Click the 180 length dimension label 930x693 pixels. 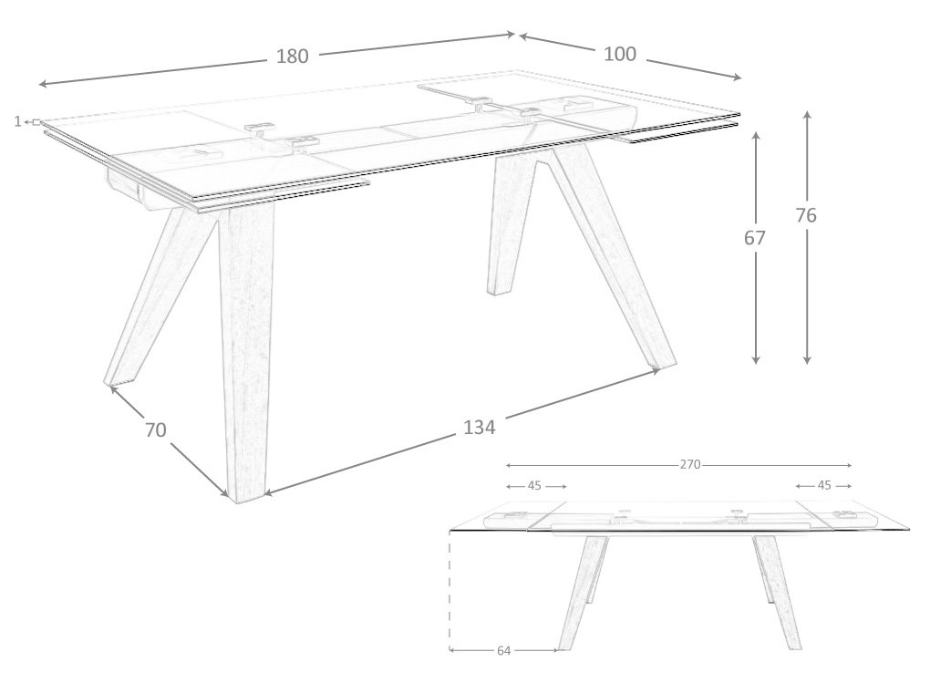(x=293, y=56)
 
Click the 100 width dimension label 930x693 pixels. (x=620, y=54)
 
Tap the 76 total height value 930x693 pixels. (x=806, y=215)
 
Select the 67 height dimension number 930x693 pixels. (x=754, y=237)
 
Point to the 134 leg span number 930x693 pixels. (x=480, y=427)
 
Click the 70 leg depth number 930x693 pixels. (x=155, y=429)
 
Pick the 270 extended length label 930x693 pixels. (x=690, y=464)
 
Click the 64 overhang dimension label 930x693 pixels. (x=503, y=651)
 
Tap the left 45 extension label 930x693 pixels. (x=534, y=486)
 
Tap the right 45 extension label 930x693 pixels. (x=824, y=485)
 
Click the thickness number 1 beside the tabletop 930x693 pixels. (x=18, y=121)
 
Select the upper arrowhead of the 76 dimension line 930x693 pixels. (x=807, y=114)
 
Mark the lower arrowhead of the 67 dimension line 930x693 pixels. (x=755, y=359)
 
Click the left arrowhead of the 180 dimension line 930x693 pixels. (x=43, y=84)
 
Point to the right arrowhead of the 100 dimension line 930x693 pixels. (x=737, y=77)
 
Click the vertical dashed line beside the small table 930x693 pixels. (x=450, y=589)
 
